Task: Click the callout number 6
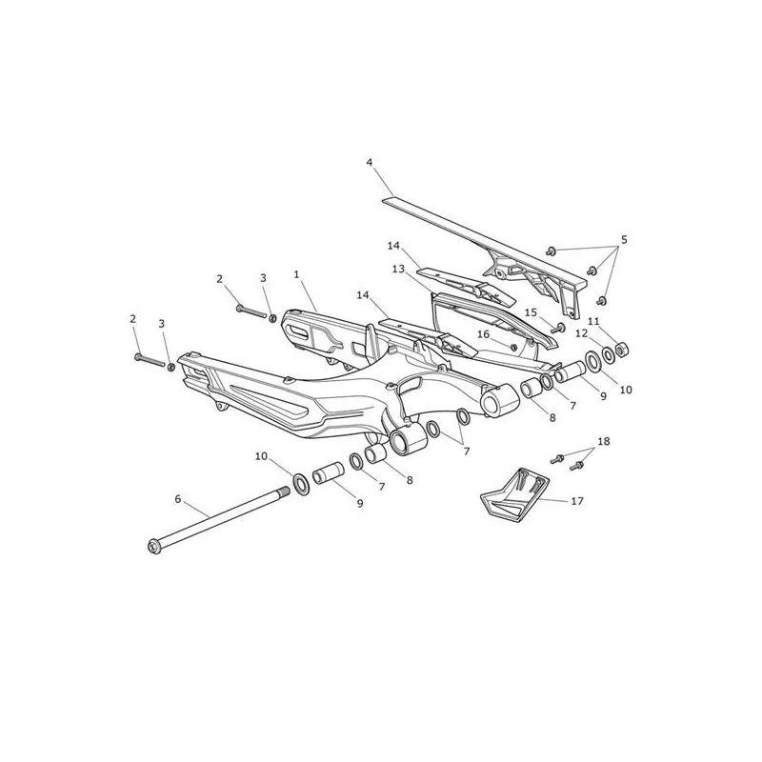point(178,498)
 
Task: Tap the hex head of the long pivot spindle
point(153,547)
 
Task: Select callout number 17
point(577,501)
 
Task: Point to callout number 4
point(370,162)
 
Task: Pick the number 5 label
point(624,240)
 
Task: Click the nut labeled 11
point(621,349)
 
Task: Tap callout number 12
point(581,333)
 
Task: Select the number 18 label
point(604,441)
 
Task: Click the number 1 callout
point(296,274)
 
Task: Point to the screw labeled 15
point(557,328)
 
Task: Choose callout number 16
point(483,334)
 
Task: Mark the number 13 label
point(398,269)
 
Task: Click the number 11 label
point(593,321)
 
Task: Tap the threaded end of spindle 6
point(284,492)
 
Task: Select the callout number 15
point(531,311)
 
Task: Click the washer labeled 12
point(609,355)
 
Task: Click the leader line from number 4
point(383,181)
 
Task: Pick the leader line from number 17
point(554,499)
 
